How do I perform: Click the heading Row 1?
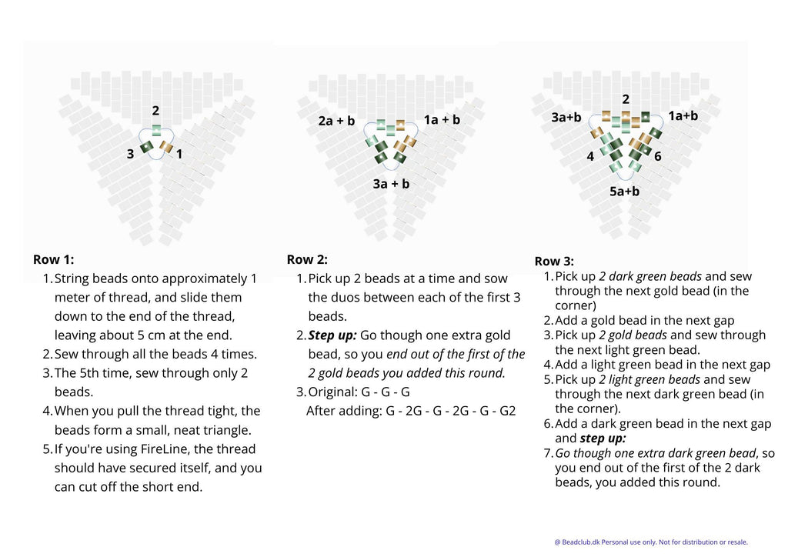(x=53, y=259)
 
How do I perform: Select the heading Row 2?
(x=307, y=259)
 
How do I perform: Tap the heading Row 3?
(x=554, y=261)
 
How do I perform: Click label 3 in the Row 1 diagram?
(x=130, y=154)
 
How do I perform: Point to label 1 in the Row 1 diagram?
(x=179, y=154)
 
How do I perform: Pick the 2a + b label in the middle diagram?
(x=336, y=121)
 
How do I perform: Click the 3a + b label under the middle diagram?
(x=391, y=184)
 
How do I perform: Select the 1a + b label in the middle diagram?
(x=442, y=119)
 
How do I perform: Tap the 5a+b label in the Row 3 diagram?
(x=624, y=191)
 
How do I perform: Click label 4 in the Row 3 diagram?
(x=590, y=156)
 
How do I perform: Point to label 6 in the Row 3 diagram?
(x=658, y=156)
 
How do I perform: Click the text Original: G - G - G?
(x=359, y=392)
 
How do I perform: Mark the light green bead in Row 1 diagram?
(x=156, y=129)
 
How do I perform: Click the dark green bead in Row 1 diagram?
(x=146, y=146)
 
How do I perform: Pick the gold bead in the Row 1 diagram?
(x=166, y=145)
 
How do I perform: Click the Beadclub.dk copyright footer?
(x=650, y=542)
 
